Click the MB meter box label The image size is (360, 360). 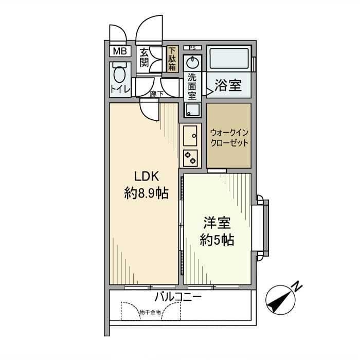coord(120,51)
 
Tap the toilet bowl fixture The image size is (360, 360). coord(119,75)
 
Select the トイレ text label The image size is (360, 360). coord(120,89)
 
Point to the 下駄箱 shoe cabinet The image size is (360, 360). coord(172,59)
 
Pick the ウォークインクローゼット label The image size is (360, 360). coord(229,136)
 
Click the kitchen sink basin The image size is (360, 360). coord(189,136)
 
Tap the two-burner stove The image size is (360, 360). coord(189,157)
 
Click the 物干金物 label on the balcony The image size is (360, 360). coord(150,312)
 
